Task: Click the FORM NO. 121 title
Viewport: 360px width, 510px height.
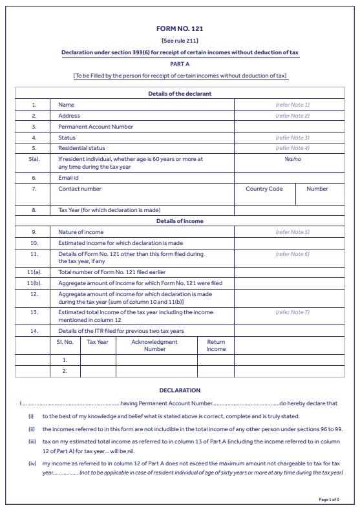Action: (x=180, y=29)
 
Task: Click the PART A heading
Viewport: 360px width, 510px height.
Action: (x=180, y=64)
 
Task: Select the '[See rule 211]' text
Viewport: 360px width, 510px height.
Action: (x=180, y=41)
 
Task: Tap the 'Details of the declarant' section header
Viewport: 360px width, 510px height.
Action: (x=180, y=94)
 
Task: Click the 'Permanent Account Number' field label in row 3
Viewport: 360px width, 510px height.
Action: (x=96, y=127)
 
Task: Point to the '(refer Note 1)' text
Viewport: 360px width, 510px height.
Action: (x=292, y=105)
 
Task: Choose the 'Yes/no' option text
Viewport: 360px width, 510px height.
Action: (x=292, y=159)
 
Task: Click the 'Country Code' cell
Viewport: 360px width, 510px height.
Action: (x=264, y=189)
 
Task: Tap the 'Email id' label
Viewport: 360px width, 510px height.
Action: (x=68, y=177)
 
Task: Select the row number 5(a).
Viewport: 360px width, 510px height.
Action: (x=34, y=159)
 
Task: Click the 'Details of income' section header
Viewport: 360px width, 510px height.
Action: (x=180, y=221)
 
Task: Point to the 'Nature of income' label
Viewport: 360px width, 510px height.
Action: (x=81, y=232)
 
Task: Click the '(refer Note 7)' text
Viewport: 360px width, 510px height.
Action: (x=292, y=312)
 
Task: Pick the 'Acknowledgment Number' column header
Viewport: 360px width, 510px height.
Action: (x=154, y=345)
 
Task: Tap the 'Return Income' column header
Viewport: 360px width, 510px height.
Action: (x=216, y=345)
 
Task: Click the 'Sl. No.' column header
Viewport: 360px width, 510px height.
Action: (x=65, y=342)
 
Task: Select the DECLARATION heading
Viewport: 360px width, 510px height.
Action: (x=180, y=390)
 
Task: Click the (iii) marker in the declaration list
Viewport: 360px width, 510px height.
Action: (x=31, y=441)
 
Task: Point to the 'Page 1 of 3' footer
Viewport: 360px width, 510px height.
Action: (x=329, y=500)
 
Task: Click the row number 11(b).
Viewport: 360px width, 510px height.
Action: (x=34, y=283)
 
